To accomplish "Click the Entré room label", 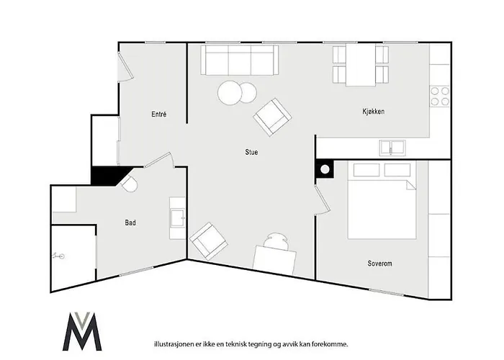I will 159,114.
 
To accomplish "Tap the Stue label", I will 251,152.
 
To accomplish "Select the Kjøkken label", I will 373,112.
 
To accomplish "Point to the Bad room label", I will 130,223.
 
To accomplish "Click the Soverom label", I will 379,264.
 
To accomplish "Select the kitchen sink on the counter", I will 392,147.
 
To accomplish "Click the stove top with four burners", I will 439,96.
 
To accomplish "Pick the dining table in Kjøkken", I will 361,65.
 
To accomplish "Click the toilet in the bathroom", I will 129,183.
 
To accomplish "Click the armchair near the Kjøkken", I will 272,117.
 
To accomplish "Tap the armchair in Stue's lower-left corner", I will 209,240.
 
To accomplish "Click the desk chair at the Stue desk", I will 276,240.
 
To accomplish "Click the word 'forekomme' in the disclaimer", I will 329,345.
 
